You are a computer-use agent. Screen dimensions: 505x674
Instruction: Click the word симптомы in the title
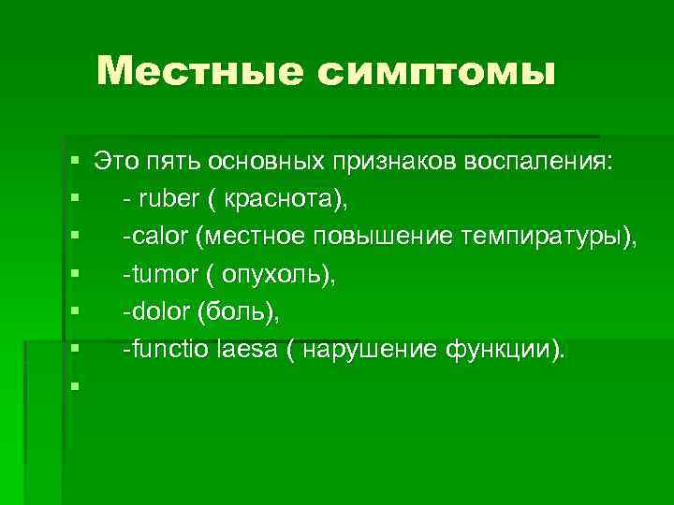(x=436, y=72)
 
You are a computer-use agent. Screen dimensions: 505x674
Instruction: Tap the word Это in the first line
(x=115, y=162)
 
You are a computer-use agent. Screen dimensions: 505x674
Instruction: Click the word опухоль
(x=281, y=275)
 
